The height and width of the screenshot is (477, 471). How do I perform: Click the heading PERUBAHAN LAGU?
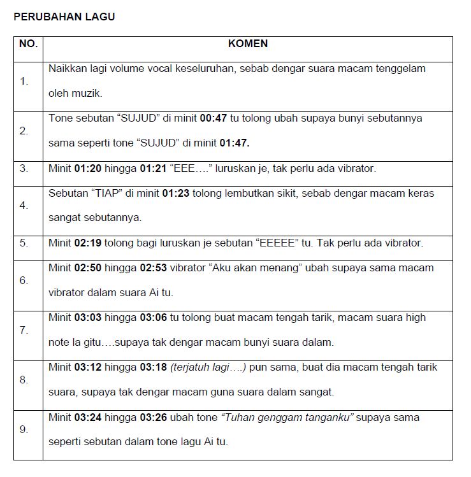(x=64, y=17)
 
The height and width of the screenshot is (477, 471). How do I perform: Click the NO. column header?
(x=28, y=44)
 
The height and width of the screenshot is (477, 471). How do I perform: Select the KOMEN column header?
(x=247, y=44)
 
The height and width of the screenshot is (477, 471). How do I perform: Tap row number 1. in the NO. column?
(x=24, y=81)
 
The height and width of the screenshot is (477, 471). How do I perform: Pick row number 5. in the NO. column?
(x=24, y=243)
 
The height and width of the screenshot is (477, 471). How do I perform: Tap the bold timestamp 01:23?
(x=176, y=193)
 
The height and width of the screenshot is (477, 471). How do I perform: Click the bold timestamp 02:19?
(x=89, y=243)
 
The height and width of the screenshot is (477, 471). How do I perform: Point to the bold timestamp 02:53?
(x=154, y=267)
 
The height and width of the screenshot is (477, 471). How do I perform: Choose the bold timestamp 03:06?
(x=154, y=317)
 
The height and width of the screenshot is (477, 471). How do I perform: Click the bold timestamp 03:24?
(x=89, y=417)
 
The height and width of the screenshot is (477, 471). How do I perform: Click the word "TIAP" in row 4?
(x=106, y=193)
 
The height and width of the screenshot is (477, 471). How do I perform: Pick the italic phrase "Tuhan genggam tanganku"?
(x=287, y=417)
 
